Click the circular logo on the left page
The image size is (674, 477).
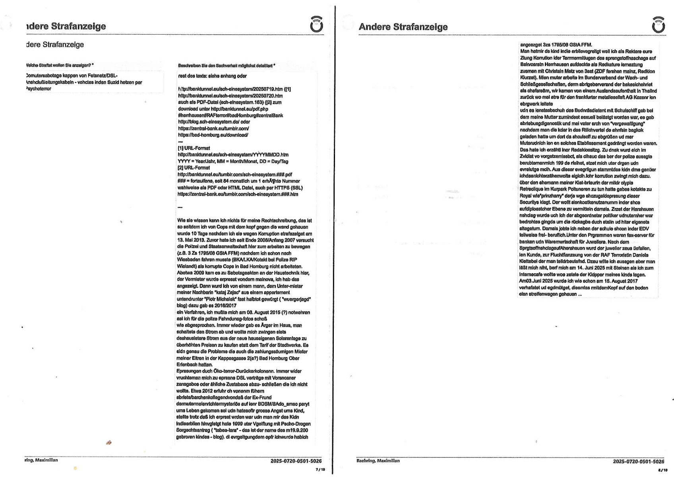coord(316,25)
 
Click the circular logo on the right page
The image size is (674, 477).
coord(658,25)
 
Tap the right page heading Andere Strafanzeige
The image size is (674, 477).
coord(403,27)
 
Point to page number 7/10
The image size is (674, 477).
coord(320,469)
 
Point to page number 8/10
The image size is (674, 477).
coord(662,470)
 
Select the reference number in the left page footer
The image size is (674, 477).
coord(296,461)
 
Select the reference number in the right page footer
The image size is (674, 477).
coord(638,461)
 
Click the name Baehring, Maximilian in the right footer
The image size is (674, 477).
coord(378,461)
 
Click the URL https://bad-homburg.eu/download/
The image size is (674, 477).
coord(213,135)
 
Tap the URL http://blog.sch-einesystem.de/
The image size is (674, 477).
coord(208,122)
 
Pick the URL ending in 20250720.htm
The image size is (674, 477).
coord(230,96)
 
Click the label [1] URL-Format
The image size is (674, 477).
coord(194,148)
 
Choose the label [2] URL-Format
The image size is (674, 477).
coord(194,167)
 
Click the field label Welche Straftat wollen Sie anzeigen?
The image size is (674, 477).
coord(60,65)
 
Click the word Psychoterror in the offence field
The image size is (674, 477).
coord(39,89)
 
